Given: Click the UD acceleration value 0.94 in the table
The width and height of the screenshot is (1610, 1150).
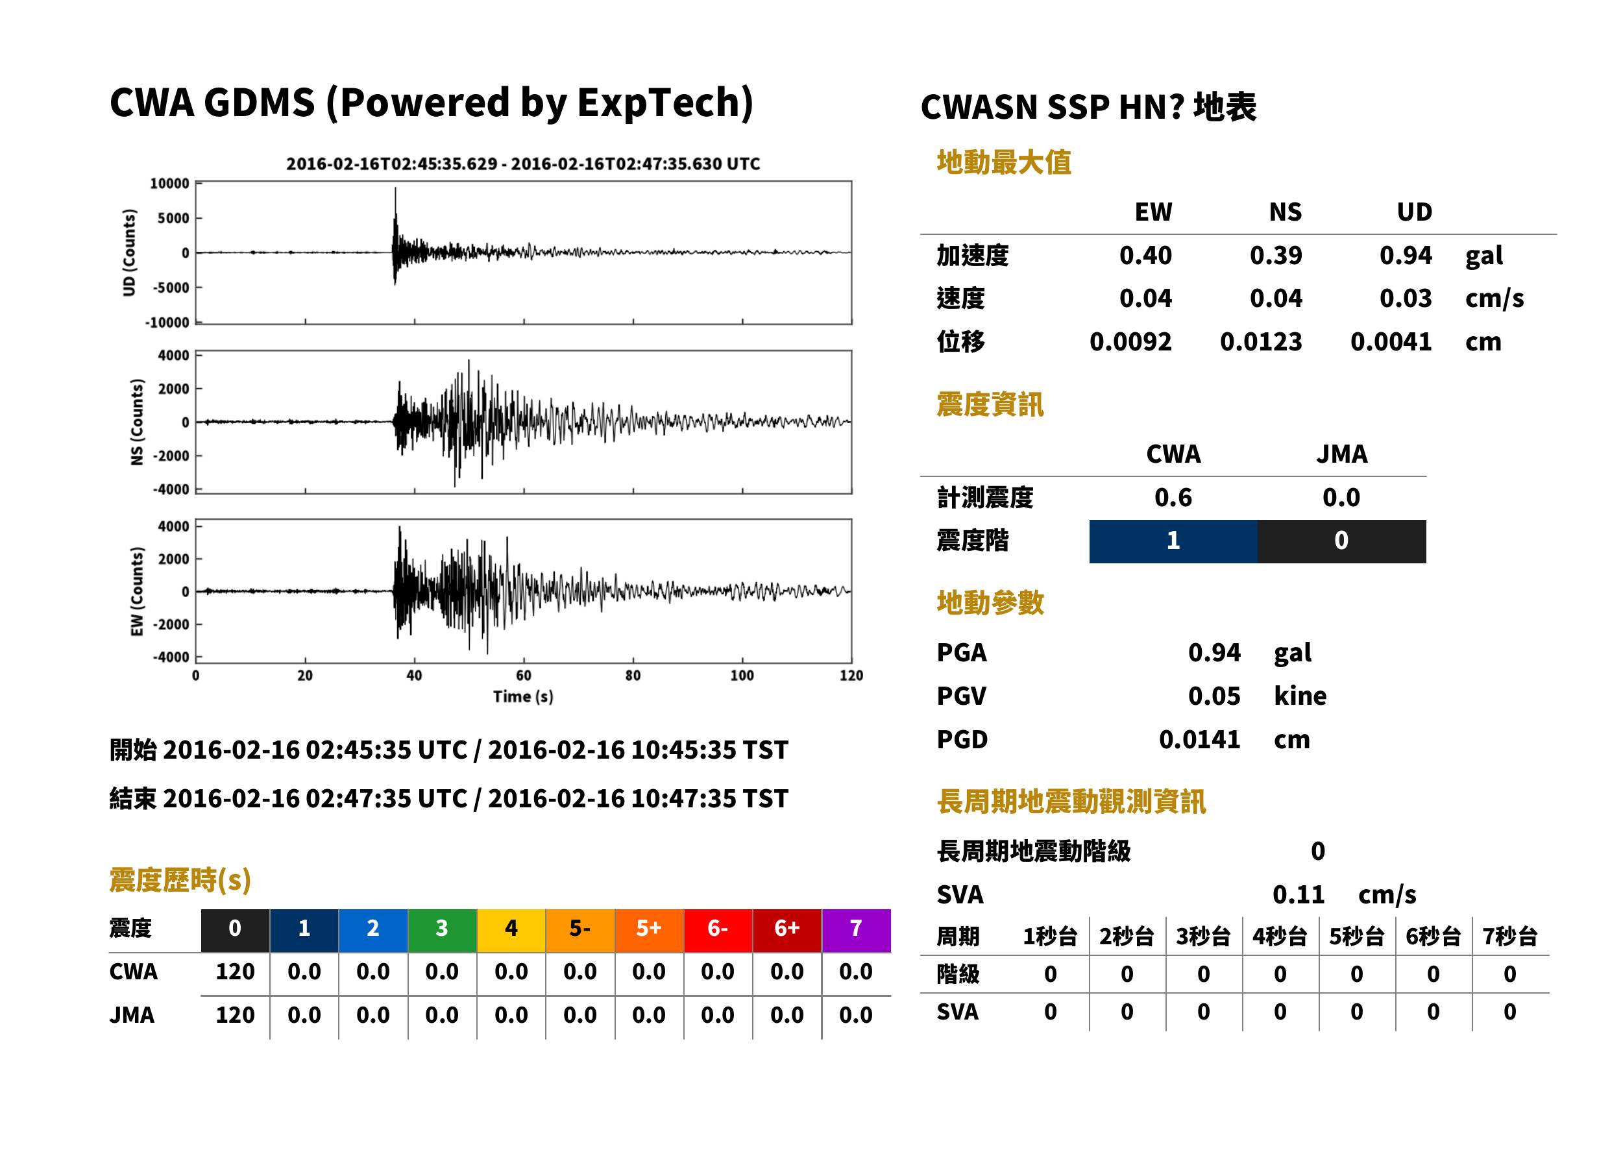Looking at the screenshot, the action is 1406,256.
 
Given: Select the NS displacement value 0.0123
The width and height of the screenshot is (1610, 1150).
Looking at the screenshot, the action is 1261,342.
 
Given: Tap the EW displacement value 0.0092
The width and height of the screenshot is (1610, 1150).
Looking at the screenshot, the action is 1130,342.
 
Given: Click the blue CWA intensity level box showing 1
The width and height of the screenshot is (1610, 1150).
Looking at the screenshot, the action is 1173,541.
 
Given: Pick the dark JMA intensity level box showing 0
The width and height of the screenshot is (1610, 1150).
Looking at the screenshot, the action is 1342,541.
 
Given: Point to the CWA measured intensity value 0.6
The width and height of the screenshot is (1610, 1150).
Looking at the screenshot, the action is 1173,498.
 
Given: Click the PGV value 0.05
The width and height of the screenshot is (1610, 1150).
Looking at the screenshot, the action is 1214,696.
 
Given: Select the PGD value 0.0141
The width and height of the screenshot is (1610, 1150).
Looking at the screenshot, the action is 1199,739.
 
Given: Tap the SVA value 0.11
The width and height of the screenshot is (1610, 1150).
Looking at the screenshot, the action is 1299,894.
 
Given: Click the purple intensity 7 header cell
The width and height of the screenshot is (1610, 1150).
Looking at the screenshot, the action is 856,930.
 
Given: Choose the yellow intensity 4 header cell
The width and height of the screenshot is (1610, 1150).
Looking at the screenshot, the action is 511,930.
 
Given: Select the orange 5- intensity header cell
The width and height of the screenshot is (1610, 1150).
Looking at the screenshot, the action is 580,930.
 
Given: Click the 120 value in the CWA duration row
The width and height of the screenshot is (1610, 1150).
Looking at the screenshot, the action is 235,972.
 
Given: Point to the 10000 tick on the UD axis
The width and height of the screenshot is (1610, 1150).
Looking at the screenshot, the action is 170,184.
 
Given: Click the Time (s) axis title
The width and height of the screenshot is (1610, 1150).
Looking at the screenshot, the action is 523,697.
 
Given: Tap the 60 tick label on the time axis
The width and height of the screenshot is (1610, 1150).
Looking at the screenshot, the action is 523,676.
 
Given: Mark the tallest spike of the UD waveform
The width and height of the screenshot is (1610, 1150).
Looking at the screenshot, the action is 395,188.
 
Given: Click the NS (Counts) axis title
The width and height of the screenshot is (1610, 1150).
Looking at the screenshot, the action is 137,422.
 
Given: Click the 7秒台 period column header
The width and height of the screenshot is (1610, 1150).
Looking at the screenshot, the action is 1510,937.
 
